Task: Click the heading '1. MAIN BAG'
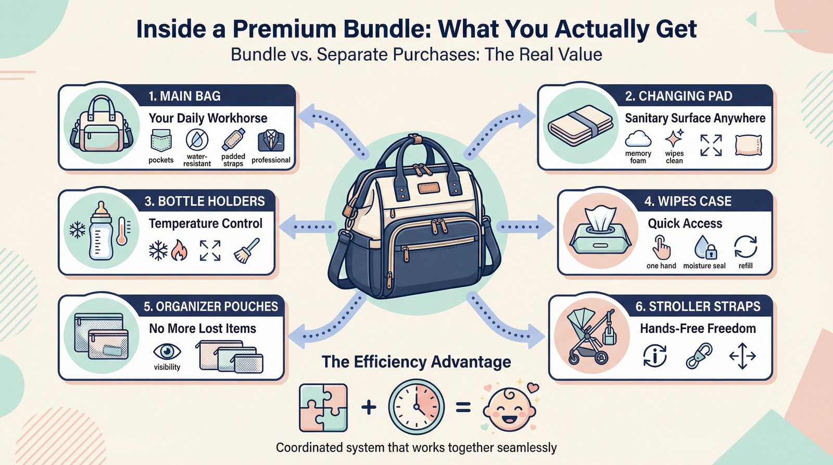point(184,96)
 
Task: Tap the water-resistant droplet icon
point(197,140)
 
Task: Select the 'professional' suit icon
point(271,141)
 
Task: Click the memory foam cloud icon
point(638,139)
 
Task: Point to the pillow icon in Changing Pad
point(749,145)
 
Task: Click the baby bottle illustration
point(101,232)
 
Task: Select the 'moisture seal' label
point(704,266)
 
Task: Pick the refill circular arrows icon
point(746,246)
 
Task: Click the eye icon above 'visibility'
point(167,351)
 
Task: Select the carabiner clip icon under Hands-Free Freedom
point(699,356)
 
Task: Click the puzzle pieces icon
point(323,408)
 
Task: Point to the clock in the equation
point(416,407)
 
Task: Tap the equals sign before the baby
point(463,407)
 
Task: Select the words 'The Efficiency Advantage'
point(416,362)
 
